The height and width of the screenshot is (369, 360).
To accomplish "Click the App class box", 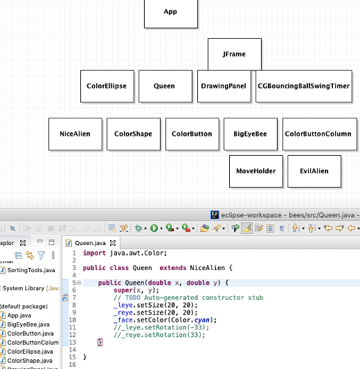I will tap(170, 12).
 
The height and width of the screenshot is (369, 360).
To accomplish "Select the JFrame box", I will tap(235, 55).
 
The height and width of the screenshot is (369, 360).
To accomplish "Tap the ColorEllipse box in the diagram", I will tap(107, 87).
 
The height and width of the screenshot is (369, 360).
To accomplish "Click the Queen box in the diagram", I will tap(165, 87).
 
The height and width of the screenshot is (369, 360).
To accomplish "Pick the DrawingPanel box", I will tap(224, 87).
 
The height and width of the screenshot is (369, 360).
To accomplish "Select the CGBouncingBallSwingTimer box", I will tap(303, 87).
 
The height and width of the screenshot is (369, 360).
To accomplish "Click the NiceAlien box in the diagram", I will tap(75, 134).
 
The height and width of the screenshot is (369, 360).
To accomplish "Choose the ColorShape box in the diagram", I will tap(133, 134).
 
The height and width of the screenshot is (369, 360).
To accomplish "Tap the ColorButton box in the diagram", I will tap(192, 134).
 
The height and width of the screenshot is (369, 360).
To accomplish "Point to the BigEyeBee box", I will tap(250, 134).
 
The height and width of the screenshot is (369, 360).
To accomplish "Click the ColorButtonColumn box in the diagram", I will tap(318, 134).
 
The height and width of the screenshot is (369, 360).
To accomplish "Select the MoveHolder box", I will tap(255, 171).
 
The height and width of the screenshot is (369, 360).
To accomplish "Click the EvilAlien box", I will tap(314, 171).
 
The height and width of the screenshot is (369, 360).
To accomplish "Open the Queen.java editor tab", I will tap(90, 243).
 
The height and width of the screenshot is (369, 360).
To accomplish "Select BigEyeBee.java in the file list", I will tap(28, 325).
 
